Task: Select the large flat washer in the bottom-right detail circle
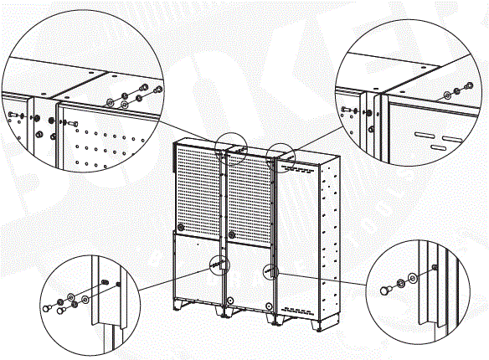412,277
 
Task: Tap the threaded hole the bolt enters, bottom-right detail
434,267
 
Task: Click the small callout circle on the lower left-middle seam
219,265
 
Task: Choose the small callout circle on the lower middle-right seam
270,272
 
